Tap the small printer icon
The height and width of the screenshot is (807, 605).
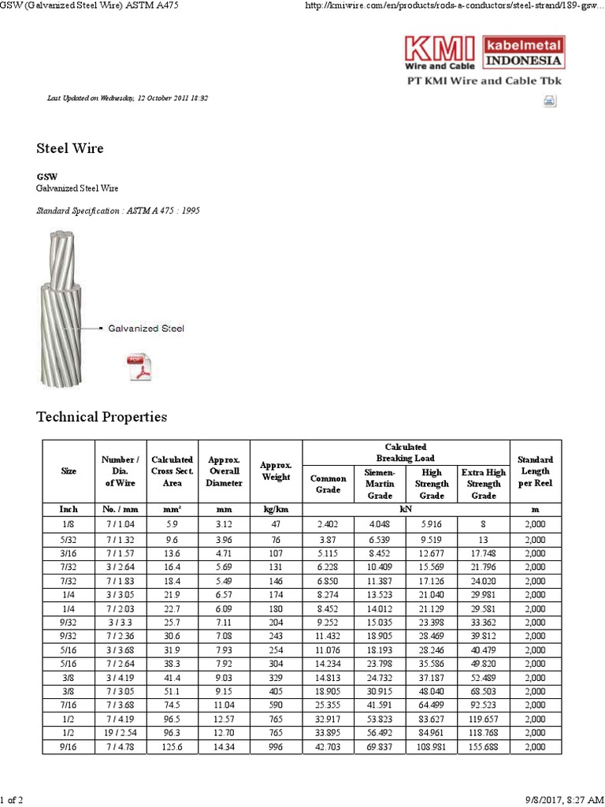(x=549, y=100)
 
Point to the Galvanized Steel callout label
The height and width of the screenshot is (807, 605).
(x=147, y=327)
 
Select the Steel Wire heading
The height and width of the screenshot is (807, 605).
(x=70, y=148)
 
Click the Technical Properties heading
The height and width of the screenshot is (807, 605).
(x=102, y=416)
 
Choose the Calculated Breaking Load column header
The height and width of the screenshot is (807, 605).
(x=406, y=452)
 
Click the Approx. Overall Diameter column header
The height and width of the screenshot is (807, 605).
(x=224, y=470)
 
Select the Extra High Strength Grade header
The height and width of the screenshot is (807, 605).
(x=483, y=483)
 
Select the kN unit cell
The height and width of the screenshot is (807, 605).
(x=406, y=509)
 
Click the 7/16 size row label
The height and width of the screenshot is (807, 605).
(x=69, y=694)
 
